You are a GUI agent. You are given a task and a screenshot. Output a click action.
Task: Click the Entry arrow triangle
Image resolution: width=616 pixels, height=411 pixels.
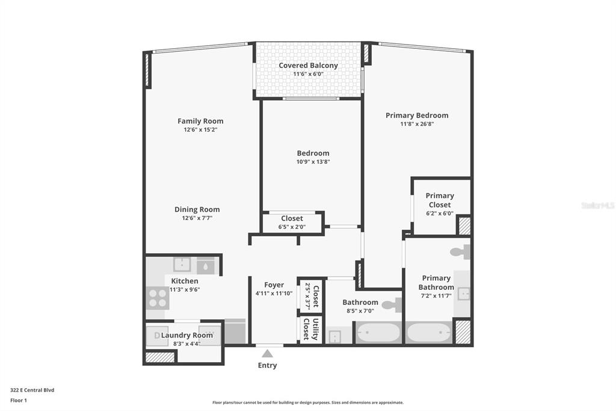[267, 353]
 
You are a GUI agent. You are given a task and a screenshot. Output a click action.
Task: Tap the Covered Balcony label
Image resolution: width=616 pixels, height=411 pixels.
[309, 65]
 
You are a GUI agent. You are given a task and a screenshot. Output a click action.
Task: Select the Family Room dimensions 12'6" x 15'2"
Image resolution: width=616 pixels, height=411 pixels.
[200, 130]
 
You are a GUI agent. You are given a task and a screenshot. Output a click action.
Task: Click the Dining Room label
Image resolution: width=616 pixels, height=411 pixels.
[197, 210]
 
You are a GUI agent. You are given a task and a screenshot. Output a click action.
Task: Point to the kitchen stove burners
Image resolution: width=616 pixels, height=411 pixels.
[158, 298]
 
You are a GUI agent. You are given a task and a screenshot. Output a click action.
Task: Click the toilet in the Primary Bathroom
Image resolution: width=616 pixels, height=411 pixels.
[460, 252]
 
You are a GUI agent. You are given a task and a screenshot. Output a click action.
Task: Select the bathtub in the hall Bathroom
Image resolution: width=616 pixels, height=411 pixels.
[378, 333]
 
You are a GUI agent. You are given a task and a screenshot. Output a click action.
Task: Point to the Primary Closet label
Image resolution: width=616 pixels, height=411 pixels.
[440, 200]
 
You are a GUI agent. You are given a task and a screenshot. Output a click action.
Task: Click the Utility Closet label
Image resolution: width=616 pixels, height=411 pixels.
[310, 329]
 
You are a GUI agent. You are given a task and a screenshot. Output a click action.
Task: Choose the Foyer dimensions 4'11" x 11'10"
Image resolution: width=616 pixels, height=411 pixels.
[274, 293]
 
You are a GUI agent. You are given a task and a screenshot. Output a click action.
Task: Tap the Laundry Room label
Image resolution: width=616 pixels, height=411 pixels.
[187, 335]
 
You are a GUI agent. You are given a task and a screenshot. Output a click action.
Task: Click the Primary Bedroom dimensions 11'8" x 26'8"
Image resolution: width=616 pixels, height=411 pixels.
[417, 124]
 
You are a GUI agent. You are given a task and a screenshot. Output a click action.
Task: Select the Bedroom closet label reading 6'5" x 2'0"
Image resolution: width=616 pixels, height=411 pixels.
[292, 227]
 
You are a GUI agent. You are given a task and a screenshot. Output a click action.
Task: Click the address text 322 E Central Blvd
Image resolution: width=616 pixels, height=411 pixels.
[32, 390]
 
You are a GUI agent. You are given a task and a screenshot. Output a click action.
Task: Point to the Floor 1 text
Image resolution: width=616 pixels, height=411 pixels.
[19, 400]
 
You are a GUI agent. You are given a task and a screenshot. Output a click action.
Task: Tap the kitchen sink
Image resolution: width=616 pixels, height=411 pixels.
[182, 265]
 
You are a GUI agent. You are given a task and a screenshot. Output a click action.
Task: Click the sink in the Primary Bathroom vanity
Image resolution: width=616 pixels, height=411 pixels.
[464, 293]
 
